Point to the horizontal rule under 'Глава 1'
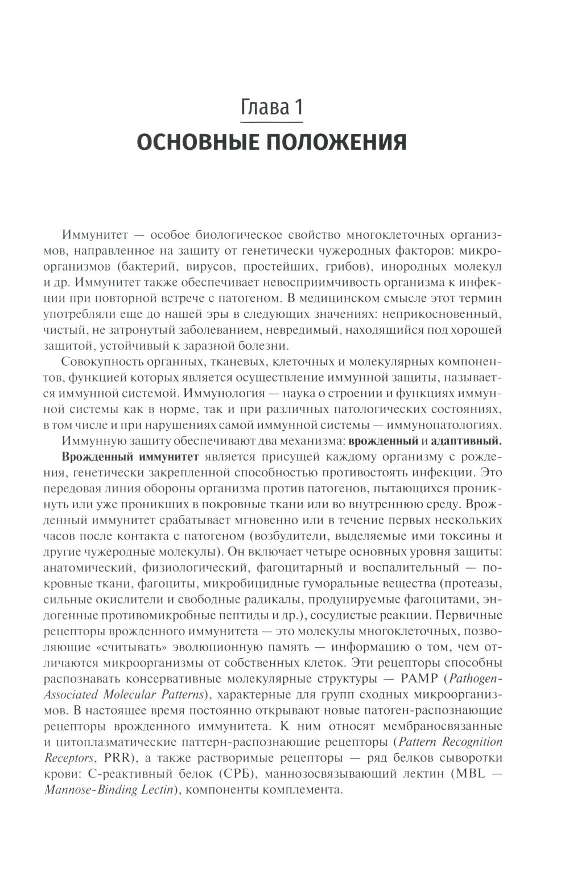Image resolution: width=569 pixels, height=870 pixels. (x=272, y=121)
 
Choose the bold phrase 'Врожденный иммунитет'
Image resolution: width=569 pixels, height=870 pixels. (x=130, y=456)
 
